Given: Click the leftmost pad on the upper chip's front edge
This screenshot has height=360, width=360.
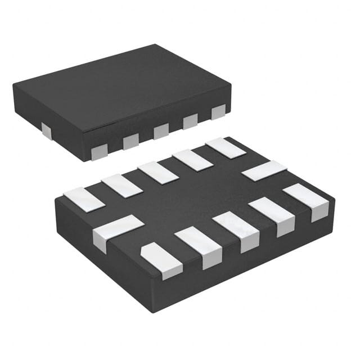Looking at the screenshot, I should click(x=99, y=151).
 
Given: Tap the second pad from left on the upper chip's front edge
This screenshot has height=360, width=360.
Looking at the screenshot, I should click(x=130, y=141).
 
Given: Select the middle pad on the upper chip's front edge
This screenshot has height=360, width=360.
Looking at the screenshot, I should click(x=161, y=130).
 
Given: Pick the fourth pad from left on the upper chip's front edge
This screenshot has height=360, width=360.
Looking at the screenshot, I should click(x=190, y=121).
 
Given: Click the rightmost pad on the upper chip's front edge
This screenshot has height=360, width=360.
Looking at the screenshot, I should click(x=218, y=112).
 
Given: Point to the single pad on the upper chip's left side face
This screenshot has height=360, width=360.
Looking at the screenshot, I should click(x=46, y=132).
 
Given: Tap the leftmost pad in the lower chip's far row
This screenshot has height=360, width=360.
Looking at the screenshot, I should click(x=84, y=200).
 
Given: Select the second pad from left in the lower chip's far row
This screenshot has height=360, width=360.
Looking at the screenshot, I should click(x=122, y=185).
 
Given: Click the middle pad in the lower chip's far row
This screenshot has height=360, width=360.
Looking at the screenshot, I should click(x=158, y=172).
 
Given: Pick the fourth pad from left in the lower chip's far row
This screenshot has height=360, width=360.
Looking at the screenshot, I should click(x=192, y=160).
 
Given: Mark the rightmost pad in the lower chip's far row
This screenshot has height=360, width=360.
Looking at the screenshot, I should click(x=225, y=147).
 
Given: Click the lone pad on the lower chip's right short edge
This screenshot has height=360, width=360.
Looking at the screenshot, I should click(x=264, y=170).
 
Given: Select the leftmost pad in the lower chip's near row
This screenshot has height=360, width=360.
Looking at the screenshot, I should click(x=162, y=260).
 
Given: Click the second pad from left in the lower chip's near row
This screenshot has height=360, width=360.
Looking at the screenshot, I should click(x=199, y=245).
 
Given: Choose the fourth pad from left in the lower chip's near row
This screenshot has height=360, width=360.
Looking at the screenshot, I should click(x=272, y=214).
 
